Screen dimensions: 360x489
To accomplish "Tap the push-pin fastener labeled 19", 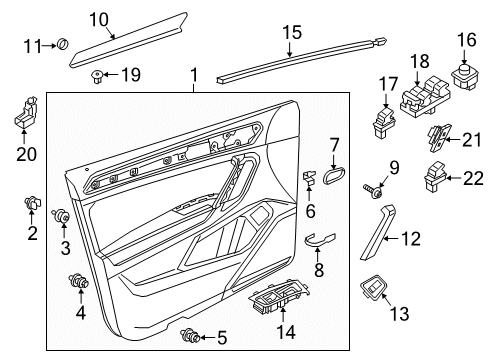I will coord(98,74).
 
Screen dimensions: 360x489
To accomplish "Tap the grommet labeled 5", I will coord(187,336).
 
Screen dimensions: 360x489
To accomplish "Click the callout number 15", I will coord(290,34).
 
